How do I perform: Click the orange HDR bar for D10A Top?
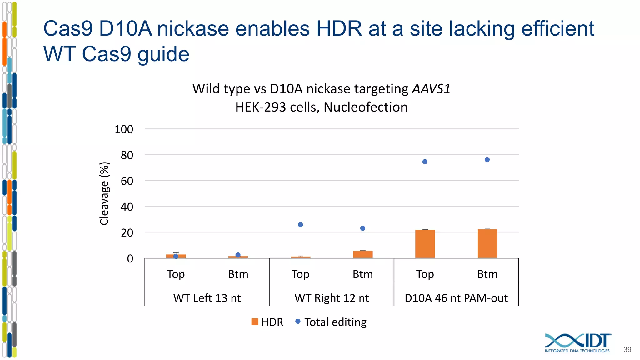point(425,244)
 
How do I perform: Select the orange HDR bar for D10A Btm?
point(487,244)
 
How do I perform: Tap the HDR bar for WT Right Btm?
point(363,254)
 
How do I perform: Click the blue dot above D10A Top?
point(425,162)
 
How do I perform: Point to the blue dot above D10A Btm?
point(487,160)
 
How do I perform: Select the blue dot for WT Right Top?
point(301,225)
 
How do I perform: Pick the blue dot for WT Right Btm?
point(363,228)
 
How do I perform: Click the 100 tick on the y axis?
point(124,129)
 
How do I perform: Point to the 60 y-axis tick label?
point(127,181)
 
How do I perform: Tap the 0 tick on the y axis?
point(130,259)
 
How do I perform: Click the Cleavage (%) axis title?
point(104,193)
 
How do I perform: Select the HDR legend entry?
point(267,322)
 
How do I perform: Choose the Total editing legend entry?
point(331,322)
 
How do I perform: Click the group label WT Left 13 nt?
point(207,298)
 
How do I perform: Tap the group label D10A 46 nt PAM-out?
point(456,298)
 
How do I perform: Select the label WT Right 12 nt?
point(332,298)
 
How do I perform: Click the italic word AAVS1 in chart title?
point(431,89)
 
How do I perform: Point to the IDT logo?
point(577,343)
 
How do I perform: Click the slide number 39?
point(627,350)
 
